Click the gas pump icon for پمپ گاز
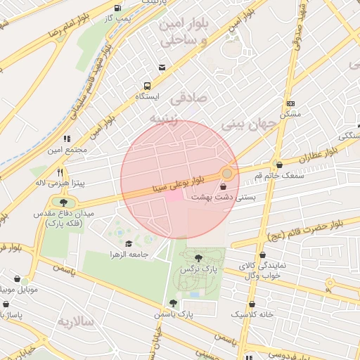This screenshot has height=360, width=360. click(x=116, y=8)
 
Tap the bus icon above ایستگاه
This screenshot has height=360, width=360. click(x=146, y=83)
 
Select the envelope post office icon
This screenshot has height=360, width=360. click(x=162, y=67)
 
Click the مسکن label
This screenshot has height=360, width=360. click(x=290, y=114)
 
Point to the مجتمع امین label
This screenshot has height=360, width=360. click(x=67, y=150)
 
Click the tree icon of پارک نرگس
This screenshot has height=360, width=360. click(x=199, y=258)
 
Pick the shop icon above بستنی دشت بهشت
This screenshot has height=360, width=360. click(x=224, y=187)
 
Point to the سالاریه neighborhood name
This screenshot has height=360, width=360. click(x=76, y=322)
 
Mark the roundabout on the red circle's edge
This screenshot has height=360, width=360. click(x=226, y=173)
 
